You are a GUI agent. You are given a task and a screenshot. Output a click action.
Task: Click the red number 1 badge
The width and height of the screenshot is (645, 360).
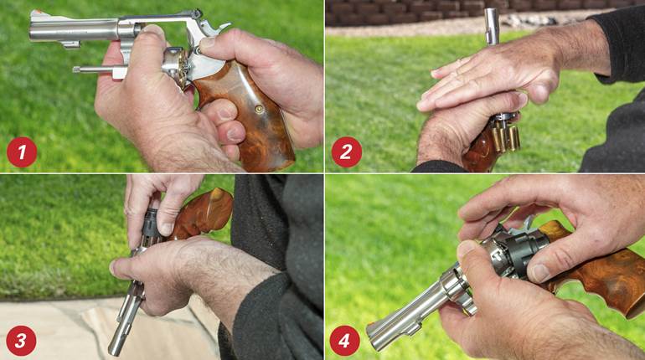(x=22, y=152)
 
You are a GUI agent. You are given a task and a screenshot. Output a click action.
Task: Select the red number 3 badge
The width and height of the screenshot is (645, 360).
(x=22, y=340)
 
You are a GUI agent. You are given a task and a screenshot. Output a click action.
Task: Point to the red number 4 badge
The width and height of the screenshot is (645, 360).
(x=345, y=340)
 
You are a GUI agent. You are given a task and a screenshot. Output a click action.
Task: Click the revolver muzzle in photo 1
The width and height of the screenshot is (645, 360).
(x=34, y=31)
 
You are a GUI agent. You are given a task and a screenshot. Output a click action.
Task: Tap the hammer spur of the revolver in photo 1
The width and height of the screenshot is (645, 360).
(x=195, y=14)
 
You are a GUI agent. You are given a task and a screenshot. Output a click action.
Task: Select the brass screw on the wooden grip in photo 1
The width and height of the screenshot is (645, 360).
(x=259, y=109)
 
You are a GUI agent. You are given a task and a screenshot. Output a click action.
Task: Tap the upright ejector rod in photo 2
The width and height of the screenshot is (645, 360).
(x=492, y=26)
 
